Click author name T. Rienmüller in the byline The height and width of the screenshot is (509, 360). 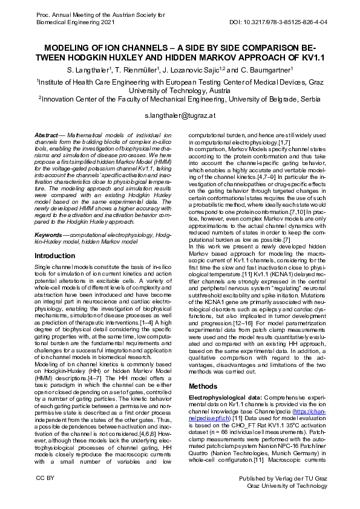pyautogui.click(x=136, y=70)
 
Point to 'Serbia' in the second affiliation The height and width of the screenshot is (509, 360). pyautogui.click(x=312, y=99)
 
